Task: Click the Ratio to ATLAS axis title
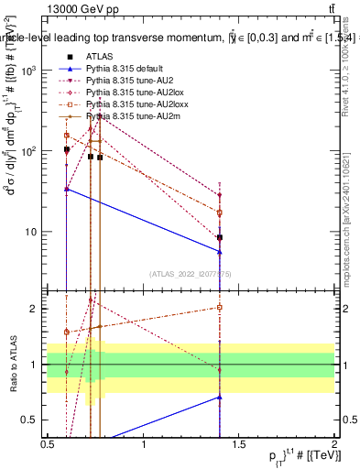coord(12,365)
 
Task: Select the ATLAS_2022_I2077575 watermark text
coord(191,274)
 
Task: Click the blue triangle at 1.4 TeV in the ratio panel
coord(220,397)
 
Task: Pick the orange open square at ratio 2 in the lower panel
coord(220,308)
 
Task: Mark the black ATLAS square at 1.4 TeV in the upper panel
coord(220,237)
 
